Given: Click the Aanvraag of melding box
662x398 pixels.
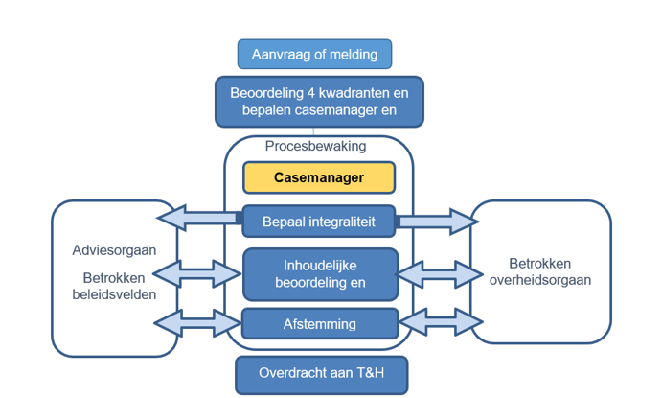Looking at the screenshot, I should pos(314,54).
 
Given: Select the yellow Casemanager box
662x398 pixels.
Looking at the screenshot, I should pos(318,177).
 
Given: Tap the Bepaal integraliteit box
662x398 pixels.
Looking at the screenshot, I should pos(318,222).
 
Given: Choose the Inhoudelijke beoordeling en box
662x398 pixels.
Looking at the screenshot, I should pos(319,274).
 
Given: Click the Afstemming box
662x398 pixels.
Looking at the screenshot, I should pos(319,324).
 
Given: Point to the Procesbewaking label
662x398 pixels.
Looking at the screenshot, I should pos(315,148).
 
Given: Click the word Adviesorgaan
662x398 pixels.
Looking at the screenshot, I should pos(114,250).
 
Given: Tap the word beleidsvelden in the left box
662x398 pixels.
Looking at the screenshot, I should pos(114,294).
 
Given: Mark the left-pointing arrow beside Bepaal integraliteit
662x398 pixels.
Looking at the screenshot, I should pos(197,220).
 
